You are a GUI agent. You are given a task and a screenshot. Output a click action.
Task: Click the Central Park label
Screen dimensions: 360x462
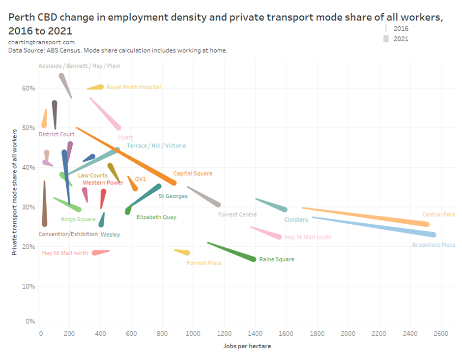[438, 214]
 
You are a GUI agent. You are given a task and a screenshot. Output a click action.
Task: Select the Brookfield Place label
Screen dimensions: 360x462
[433, 245]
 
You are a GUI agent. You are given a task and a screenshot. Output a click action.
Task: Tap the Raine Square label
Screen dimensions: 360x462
[276, 259]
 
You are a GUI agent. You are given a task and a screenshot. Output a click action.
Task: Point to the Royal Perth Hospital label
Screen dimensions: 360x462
[134, 87]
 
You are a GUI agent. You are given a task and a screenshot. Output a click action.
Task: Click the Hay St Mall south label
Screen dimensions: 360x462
[308, 237]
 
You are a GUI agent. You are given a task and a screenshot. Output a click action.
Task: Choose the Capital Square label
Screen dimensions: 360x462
[193, 173]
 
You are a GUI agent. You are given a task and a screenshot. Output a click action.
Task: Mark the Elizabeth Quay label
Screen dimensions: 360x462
[156, 217]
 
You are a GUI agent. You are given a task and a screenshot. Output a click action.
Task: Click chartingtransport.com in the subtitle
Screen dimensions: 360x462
[42, 42]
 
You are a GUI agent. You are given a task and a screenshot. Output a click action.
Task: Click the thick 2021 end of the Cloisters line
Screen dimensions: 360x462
[284, 210]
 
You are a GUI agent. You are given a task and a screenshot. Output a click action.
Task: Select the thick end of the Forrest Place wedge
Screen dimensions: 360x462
[187, 253]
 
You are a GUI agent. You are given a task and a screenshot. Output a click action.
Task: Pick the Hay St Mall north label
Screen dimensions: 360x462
[65, 253]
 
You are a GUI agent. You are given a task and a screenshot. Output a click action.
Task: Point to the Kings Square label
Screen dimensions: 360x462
[78, 219]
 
